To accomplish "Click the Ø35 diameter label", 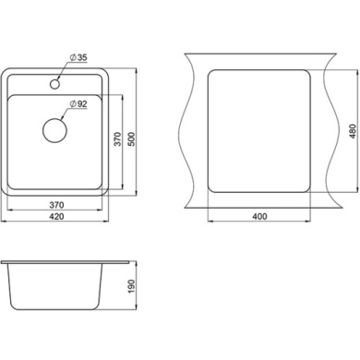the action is [78, 57].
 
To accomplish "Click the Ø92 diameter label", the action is [78, 104].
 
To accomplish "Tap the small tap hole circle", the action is [54, 83].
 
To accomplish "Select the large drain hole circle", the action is [54, 130].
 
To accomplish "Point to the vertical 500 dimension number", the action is [131, 139].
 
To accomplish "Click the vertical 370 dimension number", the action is [118, 139].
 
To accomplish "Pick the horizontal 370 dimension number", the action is [56, 205].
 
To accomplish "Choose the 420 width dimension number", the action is [56, 216].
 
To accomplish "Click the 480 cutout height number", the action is [353, 131].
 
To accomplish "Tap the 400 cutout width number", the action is [259, 216].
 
